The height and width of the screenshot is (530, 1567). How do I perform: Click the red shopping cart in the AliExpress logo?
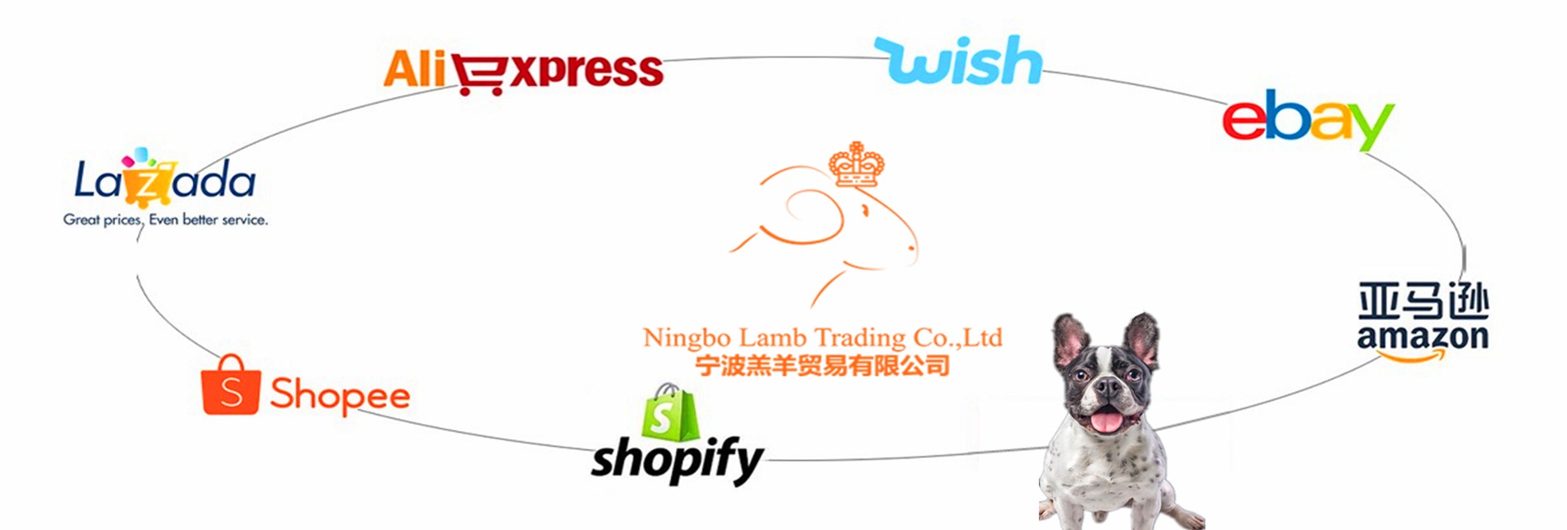480,74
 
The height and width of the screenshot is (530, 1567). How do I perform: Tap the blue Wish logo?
960,60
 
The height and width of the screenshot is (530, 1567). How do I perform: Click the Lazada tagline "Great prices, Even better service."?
166,220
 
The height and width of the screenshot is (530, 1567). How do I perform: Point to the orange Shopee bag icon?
231,385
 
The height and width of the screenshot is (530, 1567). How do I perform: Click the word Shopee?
340,395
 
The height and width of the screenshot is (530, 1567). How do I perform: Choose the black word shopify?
677,459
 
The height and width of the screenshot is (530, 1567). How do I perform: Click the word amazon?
1423,336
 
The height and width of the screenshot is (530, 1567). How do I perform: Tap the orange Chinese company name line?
823,365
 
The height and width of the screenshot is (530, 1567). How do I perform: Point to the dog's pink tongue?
1106,421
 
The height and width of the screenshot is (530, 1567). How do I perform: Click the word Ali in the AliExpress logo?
415,69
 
